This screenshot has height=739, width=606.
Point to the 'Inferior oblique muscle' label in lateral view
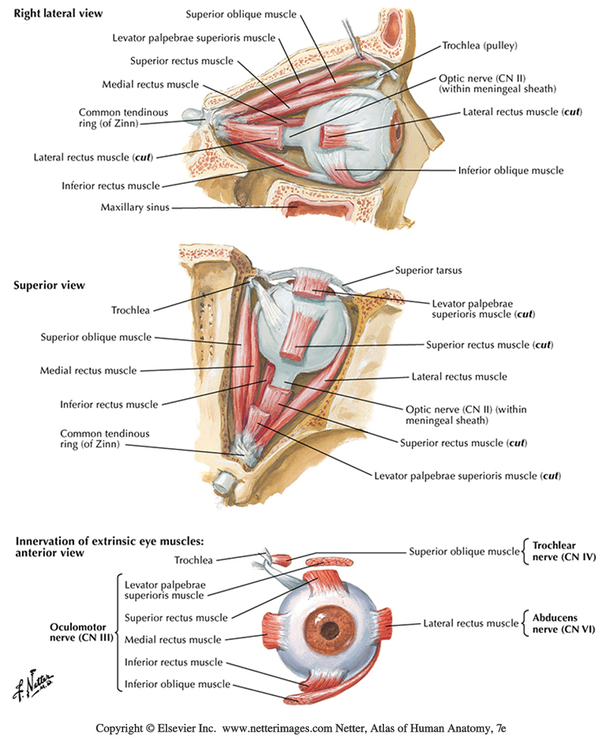click(511, 170)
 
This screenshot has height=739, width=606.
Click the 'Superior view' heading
click(49, 285)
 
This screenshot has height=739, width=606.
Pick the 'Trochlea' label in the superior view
click(131, 310)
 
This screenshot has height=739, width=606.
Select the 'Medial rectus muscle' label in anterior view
click(173, 639)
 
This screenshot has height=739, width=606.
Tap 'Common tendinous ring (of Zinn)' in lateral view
click(108, 117)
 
